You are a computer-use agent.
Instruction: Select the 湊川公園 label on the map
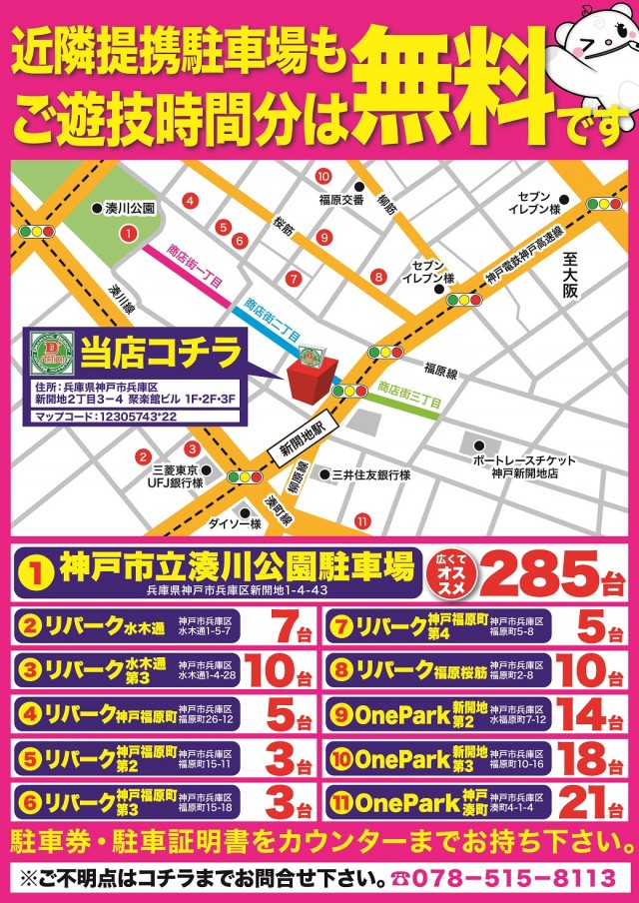click(x=130, y=209)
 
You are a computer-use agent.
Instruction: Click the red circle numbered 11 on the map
click(x=361, y=519)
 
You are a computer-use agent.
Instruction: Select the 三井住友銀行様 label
click(x=370, y=475)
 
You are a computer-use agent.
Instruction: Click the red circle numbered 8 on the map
click(x=378, y=276)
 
